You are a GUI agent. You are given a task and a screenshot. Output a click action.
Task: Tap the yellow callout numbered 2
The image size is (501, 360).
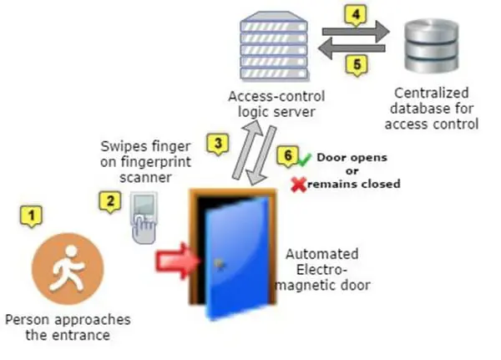click(109, 201)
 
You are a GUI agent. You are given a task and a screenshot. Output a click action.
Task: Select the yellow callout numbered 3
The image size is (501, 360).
click(218, 143)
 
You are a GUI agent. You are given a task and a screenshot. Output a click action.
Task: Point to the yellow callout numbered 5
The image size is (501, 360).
click(356, 63)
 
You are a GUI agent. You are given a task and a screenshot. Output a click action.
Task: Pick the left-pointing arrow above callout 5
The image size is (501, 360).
click(354, 48)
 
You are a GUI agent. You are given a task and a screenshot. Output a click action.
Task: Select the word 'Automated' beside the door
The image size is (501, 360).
click(322, 254)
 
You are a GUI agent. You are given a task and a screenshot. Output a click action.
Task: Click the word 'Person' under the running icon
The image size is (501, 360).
click(26, 320)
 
